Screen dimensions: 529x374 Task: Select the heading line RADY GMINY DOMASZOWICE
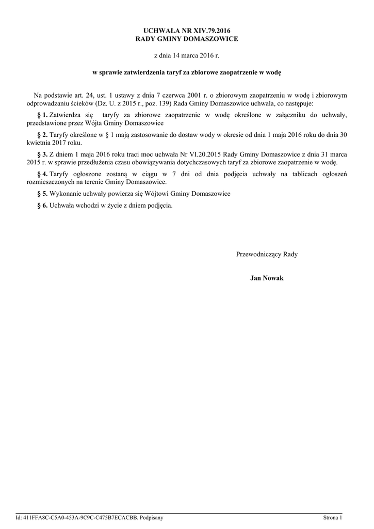[187, 39]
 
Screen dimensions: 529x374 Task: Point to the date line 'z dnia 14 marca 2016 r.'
[187, 55]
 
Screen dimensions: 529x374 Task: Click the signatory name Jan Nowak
[267, 278]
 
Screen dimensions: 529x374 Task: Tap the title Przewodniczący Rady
[267, 254]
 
